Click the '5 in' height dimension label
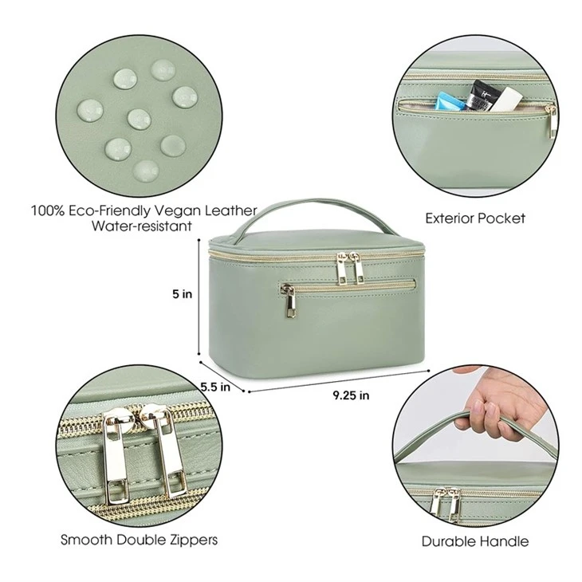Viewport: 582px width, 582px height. (183, 294)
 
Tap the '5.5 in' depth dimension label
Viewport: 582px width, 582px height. (215, 387)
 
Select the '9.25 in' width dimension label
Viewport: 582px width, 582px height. (351, 395)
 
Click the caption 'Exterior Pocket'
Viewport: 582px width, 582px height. (475, 218)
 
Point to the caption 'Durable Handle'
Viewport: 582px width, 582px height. (475, 541)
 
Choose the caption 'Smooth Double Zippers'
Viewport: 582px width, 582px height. (139, 539)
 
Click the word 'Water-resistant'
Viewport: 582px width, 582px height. (142, 226)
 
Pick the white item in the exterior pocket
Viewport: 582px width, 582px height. (505, 99)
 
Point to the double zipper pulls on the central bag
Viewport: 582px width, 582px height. (348, 268)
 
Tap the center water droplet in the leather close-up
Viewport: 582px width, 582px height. (140, 119)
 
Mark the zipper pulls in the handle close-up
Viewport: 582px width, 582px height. (446, 504)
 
